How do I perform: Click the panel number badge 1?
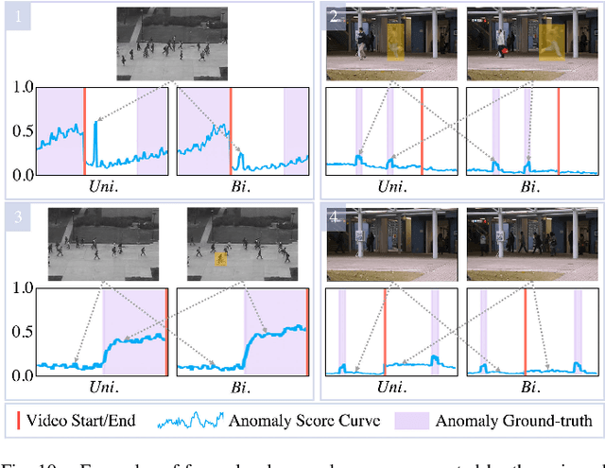pyautogui.click(x=16, y=16)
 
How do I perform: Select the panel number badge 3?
pyautogui.click(x=16, y=217)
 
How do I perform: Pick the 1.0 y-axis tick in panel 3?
pyautogui.click(x=20, y=287)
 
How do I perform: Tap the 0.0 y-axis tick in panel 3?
pyautogui.click(x=20, y=374)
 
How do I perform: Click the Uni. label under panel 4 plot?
pyautogui.click(x=389, y=388)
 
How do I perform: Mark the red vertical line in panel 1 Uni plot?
pyautogui.click(x=84, y=130)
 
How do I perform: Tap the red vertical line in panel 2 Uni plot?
pyautogui.click(x=422, y=130)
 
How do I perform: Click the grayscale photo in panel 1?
pyautogui.click(x=170, y=44)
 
